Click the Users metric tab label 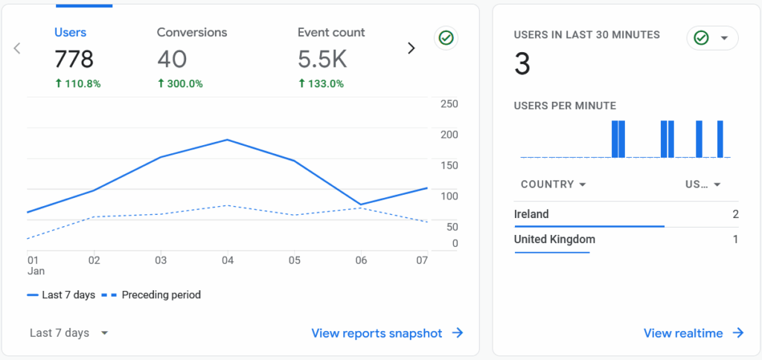pyautogui.click(x=70, y=33)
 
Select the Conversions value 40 pyautogui.click(x=172, y=60)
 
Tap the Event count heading pyautogui.click(x=331, y=33)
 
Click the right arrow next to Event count pyautogui.click(x=411, y=48)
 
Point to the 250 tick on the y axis pyautogui.click(x=449, y=103)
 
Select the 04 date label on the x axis pyautogui.click(x=228, y=260)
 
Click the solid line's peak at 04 pyautogui.click(x=227, y=140)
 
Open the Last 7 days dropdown pyautogui.click(x=69, y=333)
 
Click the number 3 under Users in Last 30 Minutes pyautogui.click(x=522, y=65)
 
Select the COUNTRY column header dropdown pyautogui.click(x=554, y=184)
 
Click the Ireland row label pyautogui.click(x=531, y=214)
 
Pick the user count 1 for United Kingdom pyautogui.click(x=735, y=240)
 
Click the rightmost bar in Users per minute pyautogui.click(x=720, y=139)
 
